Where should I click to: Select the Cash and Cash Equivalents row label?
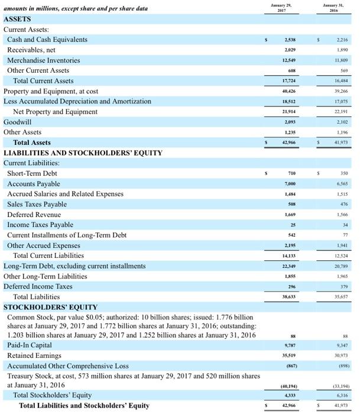click(x=47, y=40)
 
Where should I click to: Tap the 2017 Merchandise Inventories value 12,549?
click(x=290, y=60)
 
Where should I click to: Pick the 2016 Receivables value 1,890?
click(x=341, y=50)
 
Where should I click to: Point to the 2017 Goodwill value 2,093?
click(x=290, y=122)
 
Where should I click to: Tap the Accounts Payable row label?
click(x=35, y=183)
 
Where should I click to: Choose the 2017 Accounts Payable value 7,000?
click(x=290, y=184)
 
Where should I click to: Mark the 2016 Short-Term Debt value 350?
click(x=343, y=174)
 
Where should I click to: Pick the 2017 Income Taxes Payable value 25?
click(x=291, y=225)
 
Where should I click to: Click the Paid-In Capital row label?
click(x=30, y=345)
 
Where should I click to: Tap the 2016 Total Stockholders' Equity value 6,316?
click(x=341, y=395)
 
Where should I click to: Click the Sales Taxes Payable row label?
click(x=37, y=204)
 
